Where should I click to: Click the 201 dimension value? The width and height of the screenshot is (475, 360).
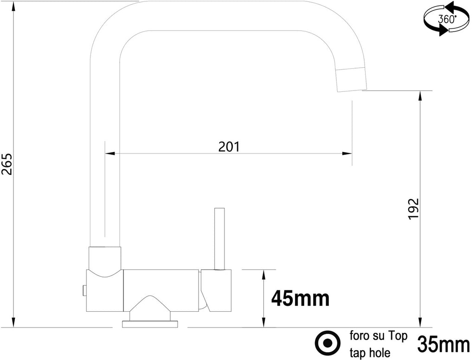[229, 147]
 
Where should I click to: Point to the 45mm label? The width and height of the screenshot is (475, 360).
[301, 298]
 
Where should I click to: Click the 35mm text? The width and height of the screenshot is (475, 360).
[443, 344]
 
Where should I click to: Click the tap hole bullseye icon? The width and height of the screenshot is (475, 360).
[327, 343]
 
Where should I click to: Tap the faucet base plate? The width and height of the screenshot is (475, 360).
[149, 323]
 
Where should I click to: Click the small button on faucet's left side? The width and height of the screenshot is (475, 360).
[84, 290]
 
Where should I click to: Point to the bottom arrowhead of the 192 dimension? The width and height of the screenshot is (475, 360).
[420, 322]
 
